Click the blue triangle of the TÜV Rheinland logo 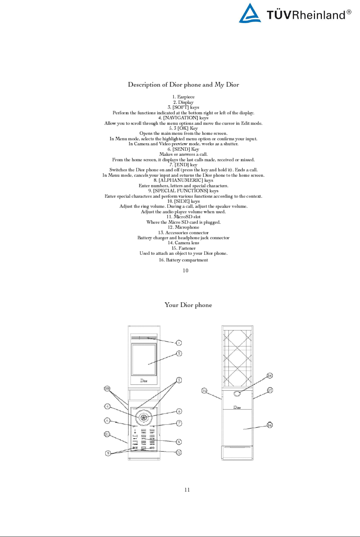pos(250,14)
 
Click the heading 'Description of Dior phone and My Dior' pos(183,85)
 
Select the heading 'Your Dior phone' pos(188,305)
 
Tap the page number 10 pos(185,270)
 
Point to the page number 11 pos(187,490)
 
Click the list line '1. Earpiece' pos(183,97)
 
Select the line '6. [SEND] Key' pos(183,149)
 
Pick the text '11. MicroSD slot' pos(183,217)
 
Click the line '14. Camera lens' pos(183,243)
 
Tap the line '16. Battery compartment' pos(183,260)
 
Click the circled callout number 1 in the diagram pos(179,343)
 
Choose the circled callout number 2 pos(179,354)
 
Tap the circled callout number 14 pos(270,376)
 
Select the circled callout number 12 pos(179,452)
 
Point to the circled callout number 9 pos(108,453)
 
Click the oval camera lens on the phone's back pos(237,393)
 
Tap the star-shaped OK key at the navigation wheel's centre pos(144,418)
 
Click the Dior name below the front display pos(144,380)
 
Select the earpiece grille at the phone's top pos(144,338)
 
